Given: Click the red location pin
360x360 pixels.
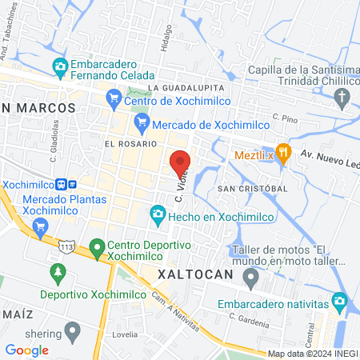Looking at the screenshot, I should (180, 162).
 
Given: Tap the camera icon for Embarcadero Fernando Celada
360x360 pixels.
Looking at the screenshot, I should (59, 66).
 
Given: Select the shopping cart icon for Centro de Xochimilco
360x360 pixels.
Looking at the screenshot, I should (113, 100).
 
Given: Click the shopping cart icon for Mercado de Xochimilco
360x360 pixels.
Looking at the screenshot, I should (142, 124).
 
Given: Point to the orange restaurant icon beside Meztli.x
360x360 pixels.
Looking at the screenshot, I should (282, 151).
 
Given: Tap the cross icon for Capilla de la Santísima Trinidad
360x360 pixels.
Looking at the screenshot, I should (342, 101).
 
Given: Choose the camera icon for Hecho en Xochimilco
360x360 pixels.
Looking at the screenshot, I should (158, 214).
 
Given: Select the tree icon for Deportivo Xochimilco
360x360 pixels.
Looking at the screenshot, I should (57, 274).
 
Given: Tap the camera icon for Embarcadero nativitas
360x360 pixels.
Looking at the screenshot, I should (340, 303).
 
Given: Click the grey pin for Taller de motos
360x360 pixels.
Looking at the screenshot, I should (250, 278).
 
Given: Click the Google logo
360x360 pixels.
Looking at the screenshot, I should (27, 350).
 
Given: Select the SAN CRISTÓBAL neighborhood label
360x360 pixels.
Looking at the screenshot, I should (252, 188).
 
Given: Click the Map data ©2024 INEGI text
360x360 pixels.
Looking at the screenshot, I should (312, 353).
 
